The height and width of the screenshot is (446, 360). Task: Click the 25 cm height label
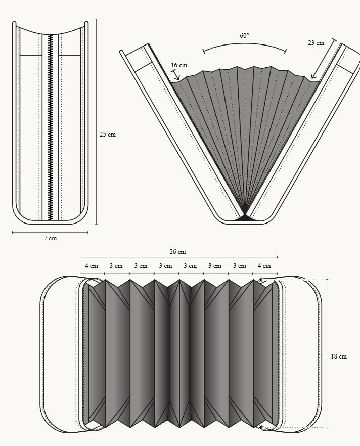tap(108, 135)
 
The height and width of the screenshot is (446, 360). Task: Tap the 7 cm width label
tap(51, 238)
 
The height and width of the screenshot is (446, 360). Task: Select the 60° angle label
tap(244, 36)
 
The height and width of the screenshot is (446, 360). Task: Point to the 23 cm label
tap(316, 43)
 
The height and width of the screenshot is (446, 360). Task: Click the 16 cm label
tap(179, 65)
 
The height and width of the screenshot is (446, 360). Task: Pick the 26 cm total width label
tap(178, 252)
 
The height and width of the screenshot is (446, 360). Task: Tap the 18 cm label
tap(339, 356)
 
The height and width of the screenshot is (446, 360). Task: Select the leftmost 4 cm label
tap(92, 266)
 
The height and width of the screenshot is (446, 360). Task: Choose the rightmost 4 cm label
tap(264, 266)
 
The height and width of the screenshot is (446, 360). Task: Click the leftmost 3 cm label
tap(116, 266)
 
